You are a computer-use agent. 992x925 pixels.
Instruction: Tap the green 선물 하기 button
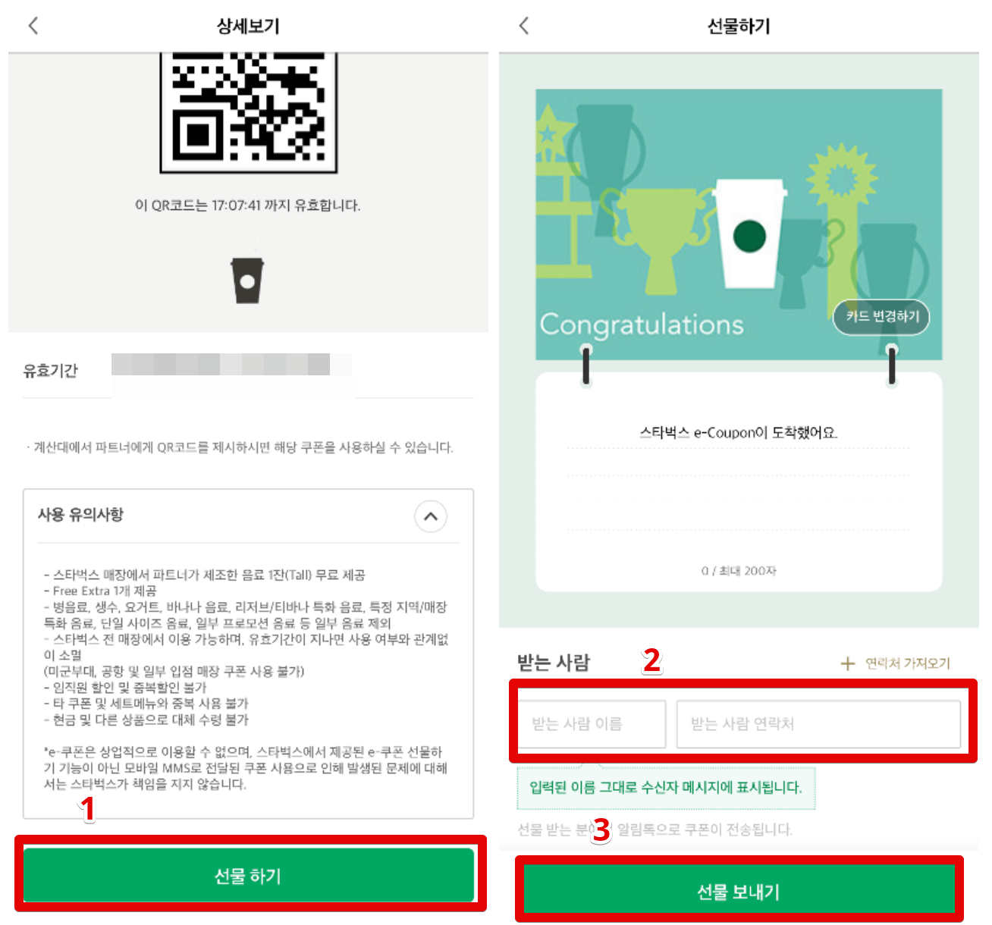point(248,876)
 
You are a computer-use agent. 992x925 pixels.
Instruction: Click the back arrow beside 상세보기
point(33,26)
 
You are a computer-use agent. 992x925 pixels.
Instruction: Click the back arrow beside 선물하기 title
point(523,26)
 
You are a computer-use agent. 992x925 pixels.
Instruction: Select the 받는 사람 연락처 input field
point(818,724)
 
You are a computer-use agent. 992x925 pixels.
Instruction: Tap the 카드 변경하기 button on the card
point(881,316)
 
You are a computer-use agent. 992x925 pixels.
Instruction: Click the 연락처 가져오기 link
point(896,663)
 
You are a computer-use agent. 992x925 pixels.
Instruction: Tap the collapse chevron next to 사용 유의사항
point(431,516)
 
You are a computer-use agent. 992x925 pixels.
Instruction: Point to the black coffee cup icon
point(247,281)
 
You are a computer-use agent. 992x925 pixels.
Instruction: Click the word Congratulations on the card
point(642,325)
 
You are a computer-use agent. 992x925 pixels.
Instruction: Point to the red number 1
point(89,809)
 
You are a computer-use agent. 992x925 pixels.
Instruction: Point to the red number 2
point(651,661)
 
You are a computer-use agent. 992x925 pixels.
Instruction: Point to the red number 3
point(601,829)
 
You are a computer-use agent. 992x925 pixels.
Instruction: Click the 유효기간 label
point(51,371)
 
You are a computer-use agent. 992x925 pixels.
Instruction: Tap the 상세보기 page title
point(248,26)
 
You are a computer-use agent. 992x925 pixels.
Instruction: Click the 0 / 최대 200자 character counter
point(739,571)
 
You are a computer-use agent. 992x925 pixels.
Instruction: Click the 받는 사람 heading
point(554,663)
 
